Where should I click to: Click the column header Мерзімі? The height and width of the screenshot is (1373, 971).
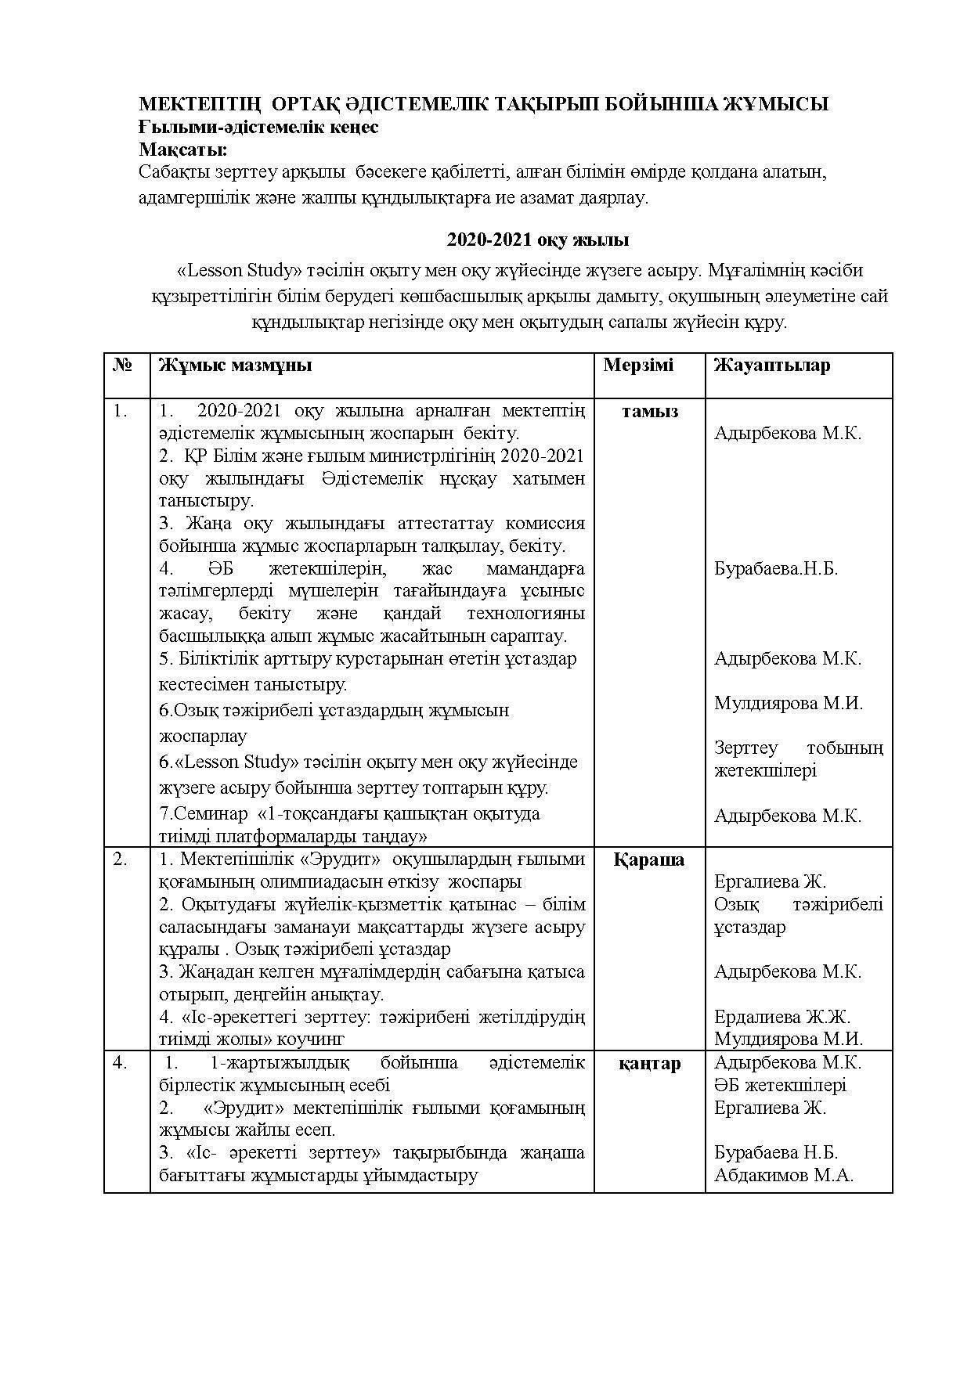(638, 366)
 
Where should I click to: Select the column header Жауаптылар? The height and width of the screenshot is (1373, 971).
(771, 366)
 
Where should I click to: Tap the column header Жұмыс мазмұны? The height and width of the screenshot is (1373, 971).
(235, 366)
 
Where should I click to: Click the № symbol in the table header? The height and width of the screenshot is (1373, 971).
(123, 366)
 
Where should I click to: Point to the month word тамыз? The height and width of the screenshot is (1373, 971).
(649, 412)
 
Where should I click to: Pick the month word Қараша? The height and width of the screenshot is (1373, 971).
(649, 859)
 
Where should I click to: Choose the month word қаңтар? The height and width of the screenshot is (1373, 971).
(649, 1063)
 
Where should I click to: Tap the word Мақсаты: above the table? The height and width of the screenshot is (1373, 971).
(183, 149)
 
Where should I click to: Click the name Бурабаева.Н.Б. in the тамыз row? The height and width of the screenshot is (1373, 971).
(775, 568)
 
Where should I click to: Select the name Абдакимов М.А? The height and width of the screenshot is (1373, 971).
(783, 1175)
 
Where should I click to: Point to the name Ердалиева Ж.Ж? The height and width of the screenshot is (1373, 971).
(781, 1017)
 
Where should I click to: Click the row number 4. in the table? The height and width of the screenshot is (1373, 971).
(120, 1063)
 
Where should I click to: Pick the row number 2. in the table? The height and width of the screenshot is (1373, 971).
(120, 859)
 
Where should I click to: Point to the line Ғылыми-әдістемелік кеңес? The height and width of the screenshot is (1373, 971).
(258, 127)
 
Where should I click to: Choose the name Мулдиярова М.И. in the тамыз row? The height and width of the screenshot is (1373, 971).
(788, 703)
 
